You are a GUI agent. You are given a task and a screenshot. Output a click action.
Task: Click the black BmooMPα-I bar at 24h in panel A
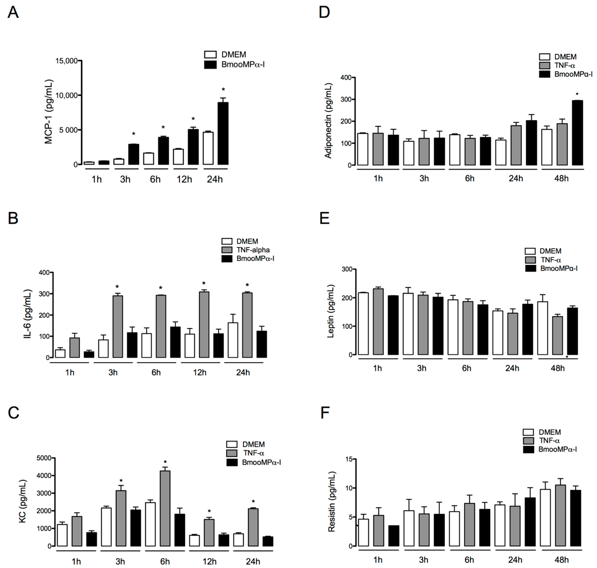(x=223, y=133)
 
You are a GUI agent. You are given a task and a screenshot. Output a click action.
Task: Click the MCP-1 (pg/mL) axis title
(x=48, y=112)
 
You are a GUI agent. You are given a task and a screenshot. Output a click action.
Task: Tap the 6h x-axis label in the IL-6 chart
(x=156, y=372)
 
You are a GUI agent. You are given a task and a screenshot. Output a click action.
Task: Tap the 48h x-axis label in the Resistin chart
(x=561, y=560)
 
